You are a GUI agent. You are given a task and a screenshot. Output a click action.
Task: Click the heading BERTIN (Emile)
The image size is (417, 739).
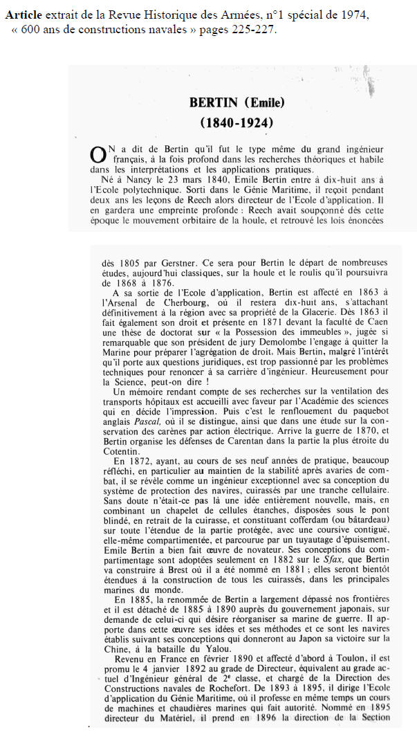237,103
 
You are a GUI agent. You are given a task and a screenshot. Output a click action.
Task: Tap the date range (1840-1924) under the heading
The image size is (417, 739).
237,123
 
